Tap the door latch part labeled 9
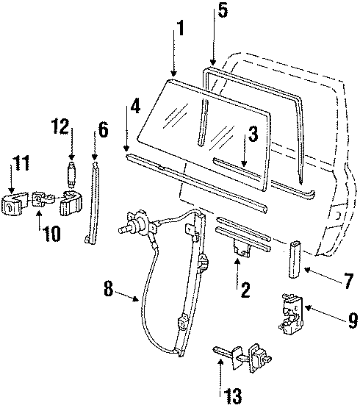(291, 315)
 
